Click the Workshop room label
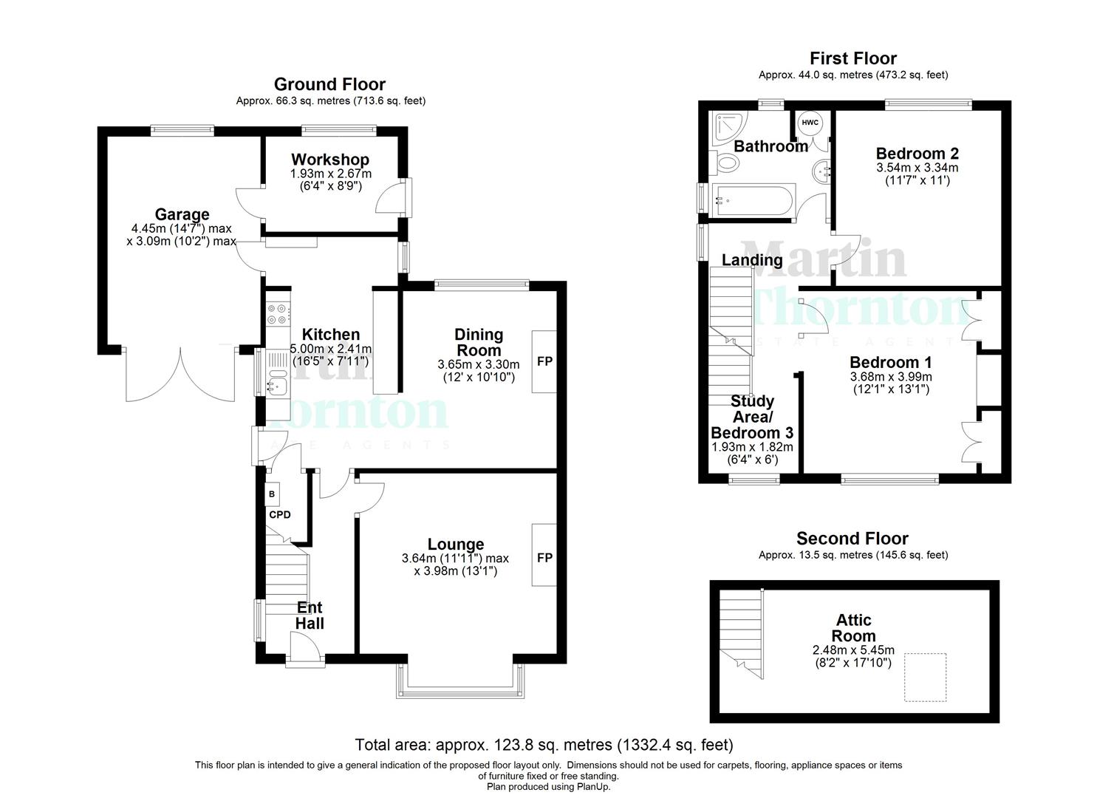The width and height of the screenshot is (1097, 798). (329, 160)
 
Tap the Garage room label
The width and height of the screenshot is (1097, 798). (182, 214)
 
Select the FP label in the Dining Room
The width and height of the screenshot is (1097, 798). (544, 362)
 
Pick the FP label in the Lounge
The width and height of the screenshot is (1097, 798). (544, 558)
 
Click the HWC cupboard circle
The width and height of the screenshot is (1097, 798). (810, 123)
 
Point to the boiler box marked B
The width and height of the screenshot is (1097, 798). (272, 494)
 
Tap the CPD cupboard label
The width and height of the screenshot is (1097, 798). (279, 515)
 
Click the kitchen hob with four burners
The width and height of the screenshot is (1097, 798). (278, 315)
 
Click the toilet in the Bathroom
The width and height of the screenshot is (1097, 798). (728, 162)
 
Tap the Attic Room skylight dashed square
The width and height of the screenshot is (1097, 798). (926, 678)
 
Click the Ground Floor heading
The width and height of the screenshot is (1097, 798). (329, 84)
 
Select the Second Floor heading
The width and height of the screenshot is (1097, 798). (852, 539)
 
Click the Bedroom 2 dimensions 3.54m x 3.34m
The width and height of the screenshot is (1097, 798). (917, 168)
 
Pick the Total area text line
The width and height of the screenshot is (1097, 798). (544, 745)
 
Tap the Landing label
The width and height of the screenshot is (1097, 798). (752, 260)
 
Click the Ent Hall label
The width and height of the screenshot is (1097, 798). (310, 615)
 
